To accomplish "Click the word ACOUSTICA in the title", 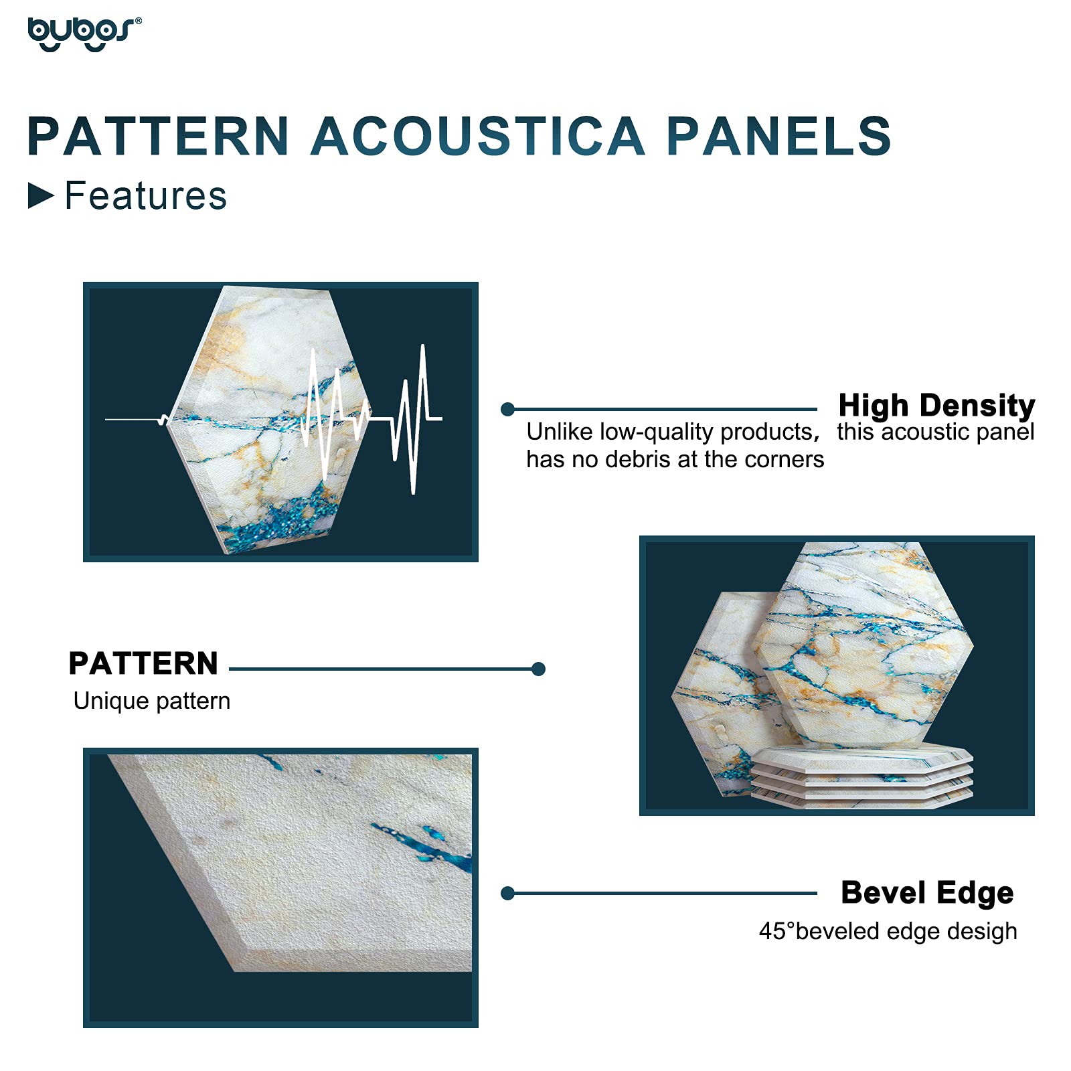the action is point(478,137).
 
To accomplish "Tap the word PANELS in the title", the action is point(778,137).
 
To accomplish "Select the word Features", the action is point(146,196).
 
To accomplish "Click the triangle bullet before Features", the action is point(40,196).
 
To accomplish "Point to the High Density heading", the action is point(936,405).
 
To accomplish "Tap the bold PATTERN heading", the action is point(143,663).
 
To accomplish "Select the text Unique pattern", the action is point(152,701).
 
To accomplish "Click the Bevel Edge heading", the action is point(927,893).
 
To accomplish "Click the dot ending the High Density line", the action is point(507,409).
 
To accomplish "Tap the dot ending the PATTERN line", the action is point(538,669).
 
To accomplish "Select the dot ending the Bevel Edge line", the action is point(507,893).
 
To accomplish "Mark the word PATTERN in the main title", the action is point(158,137).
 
